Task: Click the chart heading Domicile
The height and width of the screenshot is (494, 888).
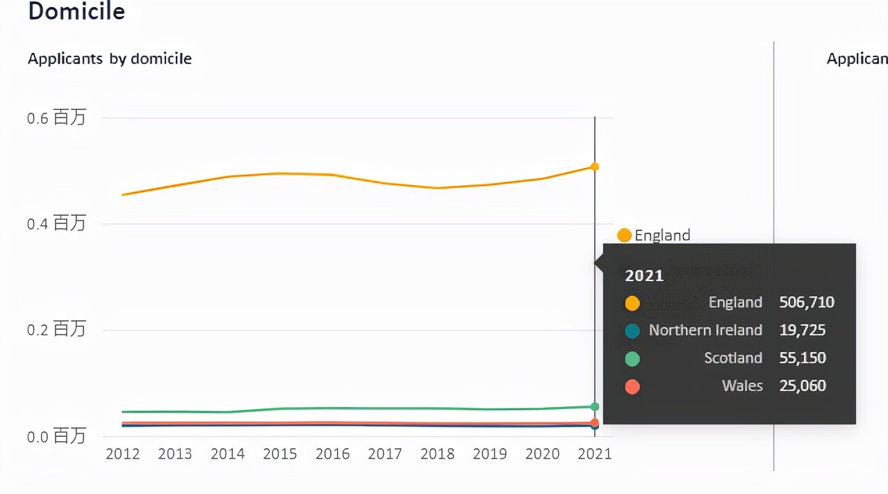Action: point(76,12)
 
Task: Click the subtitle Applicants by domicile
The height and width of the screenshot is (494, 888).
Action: point(110,59)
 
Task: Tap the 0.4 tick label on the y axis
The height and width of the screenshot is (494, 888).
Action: point(56,223)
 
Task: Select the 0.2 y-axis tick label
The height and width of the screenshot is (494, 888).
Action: point(56,329)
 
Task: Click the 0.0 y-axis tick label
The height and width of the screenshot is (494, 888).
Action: point(56,436)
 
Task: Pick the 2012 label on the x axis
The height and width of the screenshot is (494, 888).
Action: point(122,454)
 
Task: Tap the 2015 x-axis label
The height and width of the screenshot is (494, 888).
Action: point(280,454)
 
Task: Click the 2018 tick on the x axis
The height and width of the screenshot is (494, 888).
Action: point(438,454)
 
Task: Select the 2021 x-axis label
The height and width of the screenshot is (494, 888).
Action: point(595,454)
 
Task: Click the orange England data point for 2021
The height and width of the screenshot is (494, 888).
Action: point(595,166)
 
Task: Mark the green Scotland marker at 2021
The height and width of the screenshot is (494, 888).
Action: point(595,406)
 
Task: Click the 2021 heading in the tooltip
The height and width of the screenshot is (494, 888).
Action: point(644,276)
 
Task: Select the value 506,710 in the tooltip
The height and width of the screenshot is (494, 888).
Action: point(807,303)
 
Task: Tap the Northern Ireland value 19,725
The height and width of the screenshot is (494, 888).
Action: point(803,330)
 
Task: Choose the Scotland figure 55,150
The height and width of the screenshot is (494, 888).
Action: point(803,358)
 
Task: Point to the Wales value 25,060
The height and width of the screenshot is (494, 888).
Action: point(803,386)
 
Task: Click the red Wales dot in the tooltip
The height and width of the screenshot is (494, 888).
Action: point(632,387)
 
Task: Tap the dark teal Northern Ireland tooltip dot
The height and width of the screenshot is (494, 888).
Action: point(632,331)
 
